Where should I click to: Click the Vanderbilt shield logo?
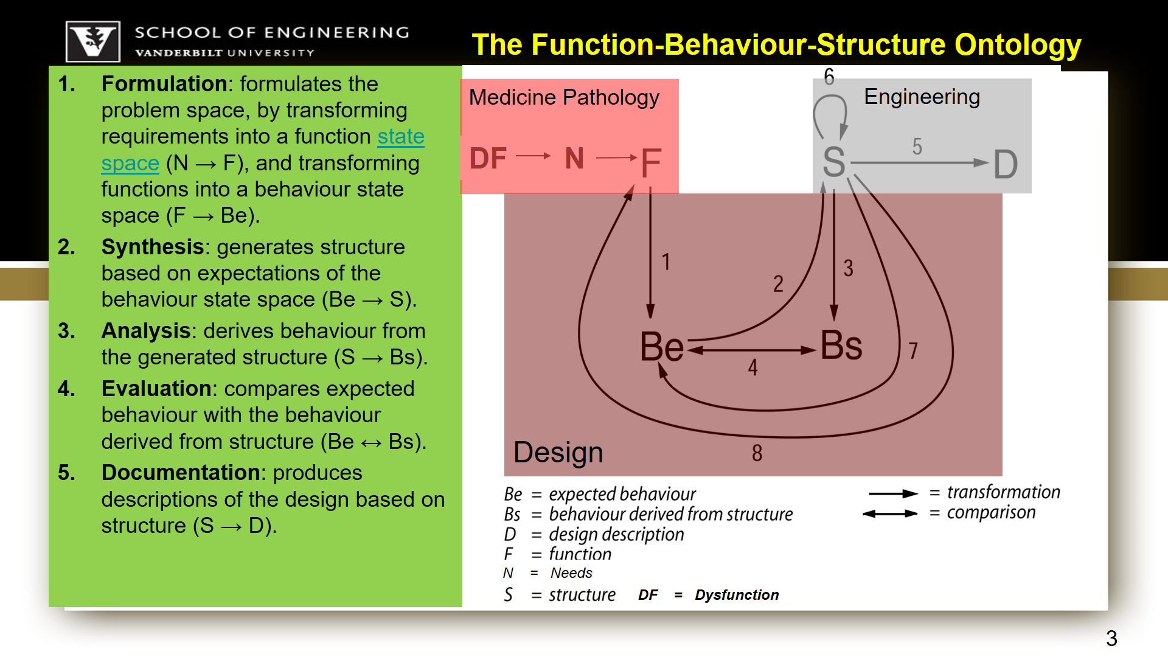(93, 41)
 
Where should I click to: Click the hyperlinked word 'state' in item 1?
(400, 137)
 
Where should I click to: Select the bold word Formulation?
(164, 84)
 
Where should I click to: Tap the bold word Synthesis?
(153, 247)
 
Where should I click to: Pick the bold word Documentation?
(181, 473)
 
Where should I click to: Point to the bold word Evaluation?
(156, 389)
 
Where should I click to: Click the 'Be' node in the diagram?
(662, 347)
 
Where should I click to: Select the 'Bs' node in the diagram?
(841, 346)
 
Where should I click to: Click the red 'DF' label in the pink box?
(488, 159)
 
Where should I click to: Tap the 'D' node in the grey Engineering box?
(1005, 165)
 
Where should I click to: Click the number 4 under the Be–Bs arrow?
(753, 367)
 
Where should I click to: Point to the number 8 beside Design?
(757, 453)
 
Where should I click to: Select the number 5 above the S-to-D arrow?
(917, 147)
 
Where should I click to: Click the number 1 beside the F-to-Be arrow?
(666, 262)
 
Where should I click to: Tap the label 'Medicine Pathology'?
(564, 97)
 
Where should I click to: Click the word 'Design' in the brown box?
(558, 453)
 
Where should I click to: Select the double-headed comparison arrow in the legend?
(890, 513)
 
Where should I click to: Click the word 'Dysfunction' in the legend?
(737, 595)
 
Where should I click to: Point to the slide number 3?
(1111, 638)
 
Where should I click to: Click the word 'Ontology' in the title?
(1018, 45)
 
